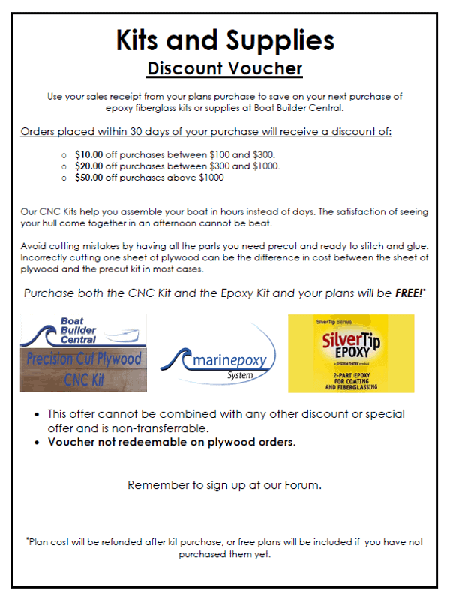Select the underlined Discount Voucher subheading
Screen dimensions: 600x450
(224, 68)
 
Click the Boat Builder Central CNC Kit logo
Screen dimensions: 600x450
(82, 352)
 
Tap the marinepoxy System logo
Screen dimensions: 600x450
(217, 361)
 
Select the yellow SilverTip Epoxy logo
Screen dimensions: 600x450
(350, 352)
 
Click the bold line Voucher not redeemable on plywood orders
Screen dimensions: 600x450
(172, 442)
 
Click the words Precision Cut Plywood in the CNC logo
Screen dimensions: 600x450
(82, 358)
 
